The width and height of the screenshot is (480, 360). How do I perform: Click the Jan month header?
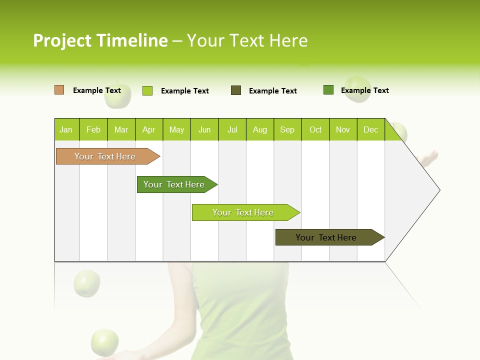click(66, 129)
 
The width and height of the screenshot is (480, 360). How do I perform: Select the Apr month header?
click(149, 129)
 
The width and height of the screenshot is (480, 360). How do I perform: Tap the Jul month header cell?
click(232, 129)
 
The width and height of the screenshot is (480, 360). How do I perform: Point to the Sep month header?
click(287, 129)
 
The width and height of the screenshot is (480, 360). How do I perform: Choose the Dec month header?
click(370, 129)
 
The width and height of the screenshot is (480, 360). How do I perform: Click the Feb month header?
click(93, 129)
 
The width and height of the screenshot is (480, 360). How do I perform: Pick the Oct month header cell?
click(315, 129)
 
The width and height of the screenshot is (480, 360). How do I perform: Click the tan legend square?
click(59, 90)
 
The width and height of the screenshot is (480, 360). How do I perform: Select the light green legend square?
click(147, 90)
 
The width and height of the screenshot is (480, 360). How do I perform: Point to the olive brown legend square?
click(236, 90)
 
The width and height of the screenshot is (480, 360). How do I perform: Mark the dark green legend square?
click(328, 90)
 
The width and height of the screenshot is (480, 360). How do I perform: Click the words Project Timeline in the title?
click(100, 40)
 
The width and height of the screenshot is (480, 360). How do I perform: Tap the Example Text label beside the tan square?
click(97, 90)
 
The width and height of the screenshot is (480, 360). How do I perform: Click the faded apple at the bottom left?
click(104, 342)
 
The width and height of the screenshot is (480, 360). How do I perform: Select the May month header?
click(176, 129)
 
